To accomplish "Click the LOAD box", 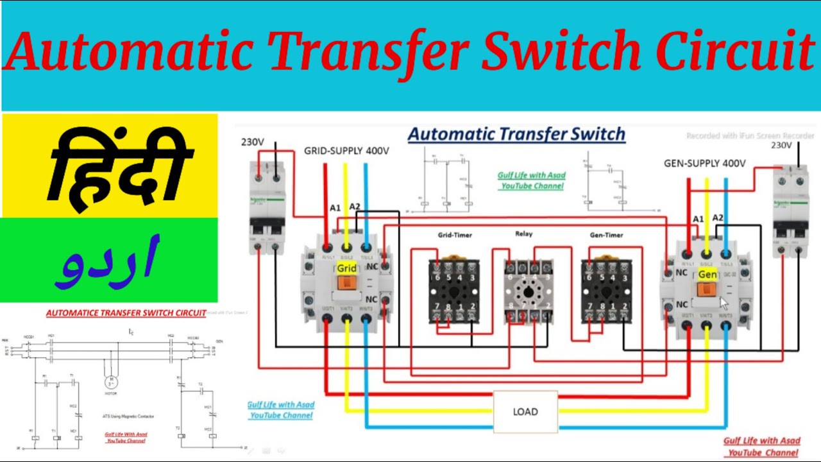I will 525,411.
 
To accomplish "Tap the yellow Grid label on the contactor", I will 346,268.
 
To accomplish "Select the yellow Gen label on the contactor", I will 707,275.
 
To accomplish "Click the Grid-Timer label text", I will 455,235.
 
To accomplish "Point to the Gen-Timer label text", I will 606,235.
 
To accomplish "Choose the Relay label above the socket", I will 523,234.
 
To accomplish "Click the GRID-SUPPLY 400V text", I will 346,151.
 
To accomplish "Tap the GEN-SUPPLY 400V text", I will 704,164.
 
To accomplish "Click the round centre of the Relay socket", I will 529,291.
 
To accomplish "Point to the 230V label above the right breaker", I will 781,146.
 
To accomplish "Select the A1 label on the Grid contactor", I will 335,208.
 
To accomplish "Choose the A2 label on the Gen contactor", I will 718,218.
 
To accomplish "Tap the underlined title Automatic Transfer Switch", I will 516,134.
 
